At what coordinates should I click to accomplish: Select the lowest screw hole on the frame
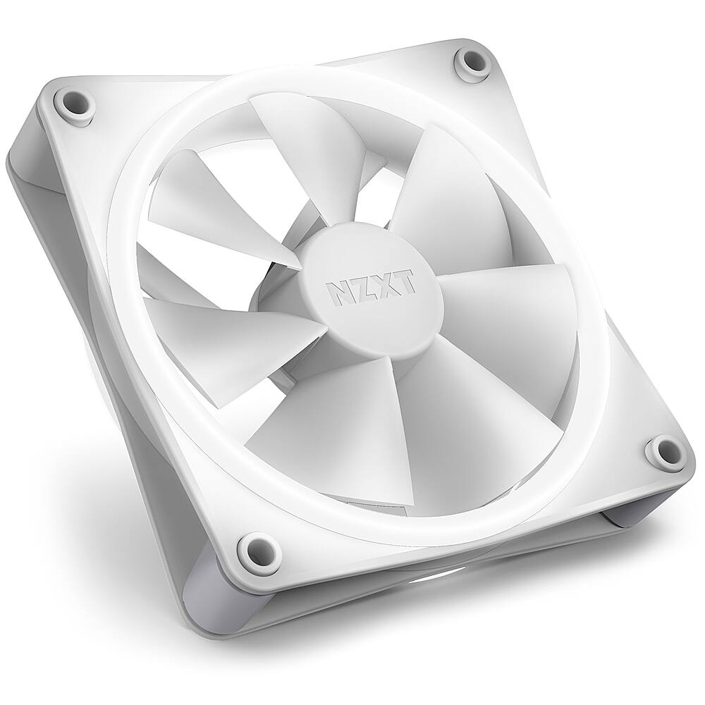click(x=255, y=547)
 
